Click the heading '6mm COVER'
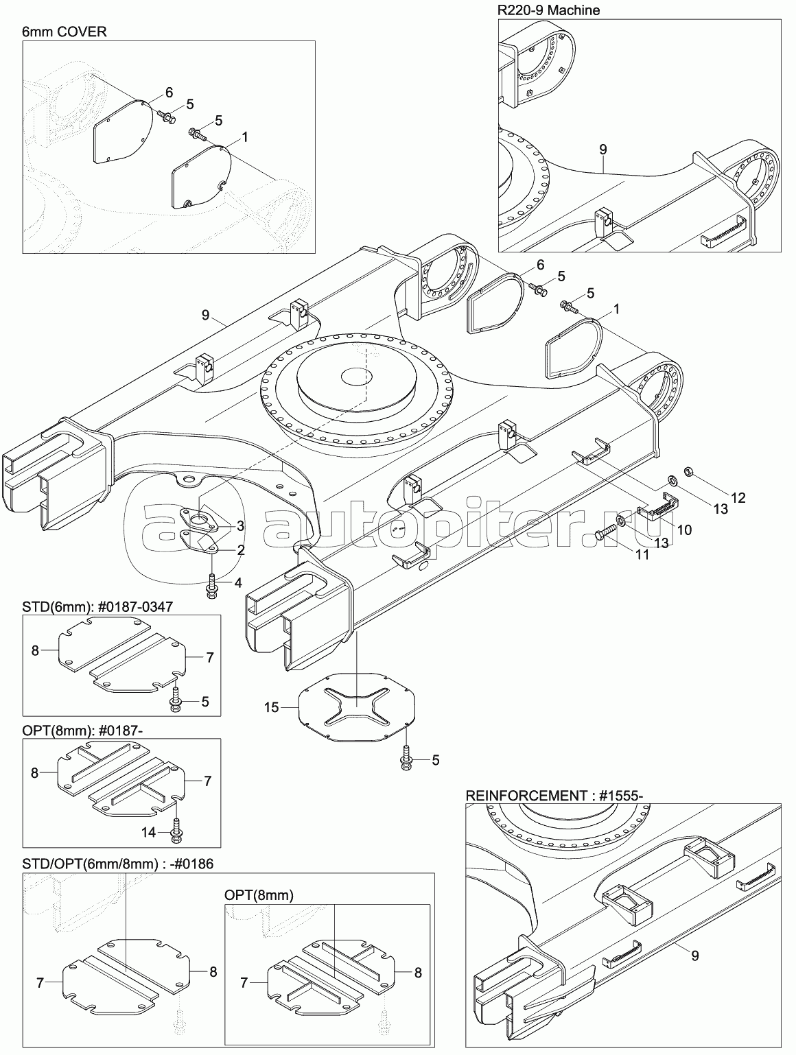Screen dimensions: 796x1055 [x=65, y=32]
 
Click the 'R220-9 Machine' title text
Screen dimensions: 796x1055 [x=549, y=10]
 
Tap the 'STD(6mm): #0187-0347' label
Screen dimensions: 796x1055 [x=97, y=606]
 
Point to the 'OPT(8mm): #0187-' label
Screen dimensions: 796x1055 [x=82, y=730]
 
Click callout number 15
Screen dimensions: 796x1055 [x=272, y=707]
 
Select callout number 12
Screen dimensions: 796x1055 [x=738, y=497]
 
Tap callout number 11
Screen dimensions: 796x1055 [x=642, y=554]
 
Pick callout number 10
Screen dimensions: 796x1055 [x=684, y=530]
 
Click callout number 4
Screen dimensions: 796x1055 [x=238, y=583]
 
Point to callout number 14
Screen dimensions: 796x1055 [x=149, y=832]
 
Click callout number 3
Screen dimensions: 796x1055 [x=240, y=526]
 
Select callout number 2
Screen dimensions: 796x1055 [x=240, y=550]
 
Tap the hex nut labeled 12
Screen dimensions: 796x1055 [x=687, y=471]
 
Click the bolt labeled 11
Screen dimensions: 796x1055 [x=606, y=532]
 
